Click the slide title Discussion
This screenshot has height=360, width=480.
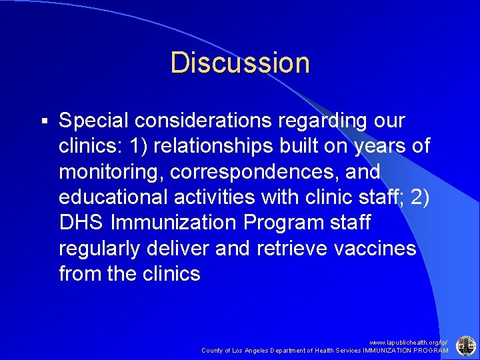(x=240, y=63)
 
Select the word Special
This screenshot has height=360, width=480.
(x=93, y=121)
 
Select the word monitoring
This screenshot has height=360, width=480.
(x=111, y=172)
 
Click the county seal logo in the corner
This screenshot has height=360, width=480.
(x=465, y=345)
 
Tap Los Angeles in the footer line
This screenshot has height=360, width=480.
(x=255, y=350)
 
